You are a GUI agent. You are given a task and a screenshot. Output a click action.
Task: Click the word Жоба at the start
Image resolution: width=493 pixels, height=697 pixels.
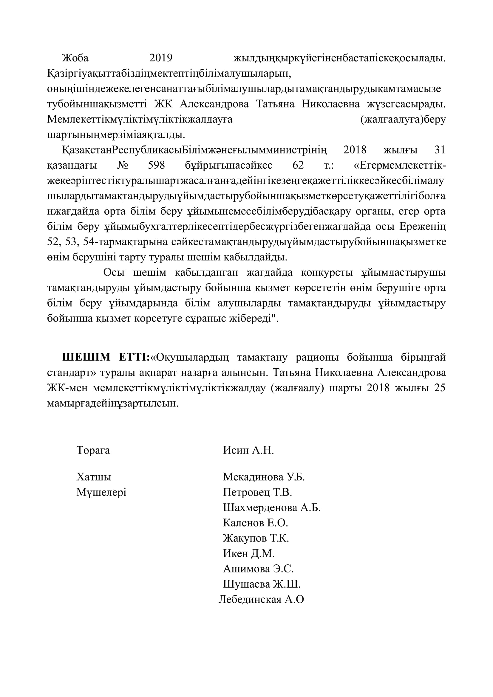pos(75,58)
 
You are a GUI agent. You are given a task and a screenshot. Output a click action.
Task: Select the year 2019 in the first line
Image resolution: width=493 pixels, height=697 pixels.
pos(161,58)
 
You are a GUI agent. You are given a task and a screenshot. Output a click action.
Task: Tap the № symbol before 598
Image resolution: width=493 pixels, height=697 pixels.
pos(122,165)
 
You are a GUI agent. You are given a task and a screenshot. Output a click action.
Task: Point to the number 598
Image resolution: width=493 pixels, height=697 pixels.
pos(157,165)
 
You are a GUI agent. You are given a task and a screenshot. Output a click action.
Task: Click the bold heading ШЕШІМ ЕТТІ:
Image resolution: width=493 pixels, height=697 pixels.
pos(106,357)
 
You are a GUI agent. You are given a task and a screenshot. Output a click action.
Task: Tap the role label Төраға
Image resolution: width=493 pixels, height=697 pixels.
pos(93,450)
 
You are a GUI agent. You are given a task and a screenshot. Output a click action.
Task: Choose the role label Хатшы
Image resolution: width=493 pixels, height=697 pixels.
pos(94,477)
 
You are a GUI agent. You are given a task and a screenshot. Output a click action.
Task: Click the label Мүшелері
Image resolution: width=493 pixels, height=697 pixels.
pos(101,492)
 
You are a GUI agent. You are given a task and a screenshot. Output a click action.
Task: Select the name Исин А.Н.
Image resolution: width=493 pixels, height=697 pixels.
pos(248,450)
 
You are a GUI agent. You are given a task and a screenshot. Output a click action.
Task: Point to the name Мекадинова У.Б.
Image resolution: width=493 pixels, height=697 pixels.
pos(264,477)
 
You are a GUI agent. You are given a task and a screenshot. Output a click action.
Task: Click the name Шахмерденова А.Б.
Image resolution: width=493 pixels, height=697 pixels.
pos(272,507)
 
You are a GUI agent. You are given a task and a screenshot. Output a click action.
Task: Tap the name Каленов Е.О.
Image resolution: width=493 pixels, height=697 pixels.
pos(256,523)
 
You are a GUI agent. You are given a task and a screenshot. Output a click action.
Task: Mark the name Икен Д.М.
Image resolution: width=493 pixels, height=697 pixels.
pos(249,553)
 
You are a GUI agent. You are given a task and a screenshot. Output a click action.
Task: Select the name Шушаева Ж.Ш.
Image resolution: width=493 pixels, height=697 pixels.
pos(262,584)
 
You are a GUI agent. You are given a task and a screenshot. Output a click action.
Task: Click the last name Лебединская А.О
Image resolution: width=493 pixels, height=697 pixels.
pos(261,600)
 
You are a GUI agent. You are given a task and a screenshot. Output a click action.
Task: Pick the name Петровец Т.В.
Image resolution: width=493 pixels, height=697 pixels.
pos(257,492)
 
